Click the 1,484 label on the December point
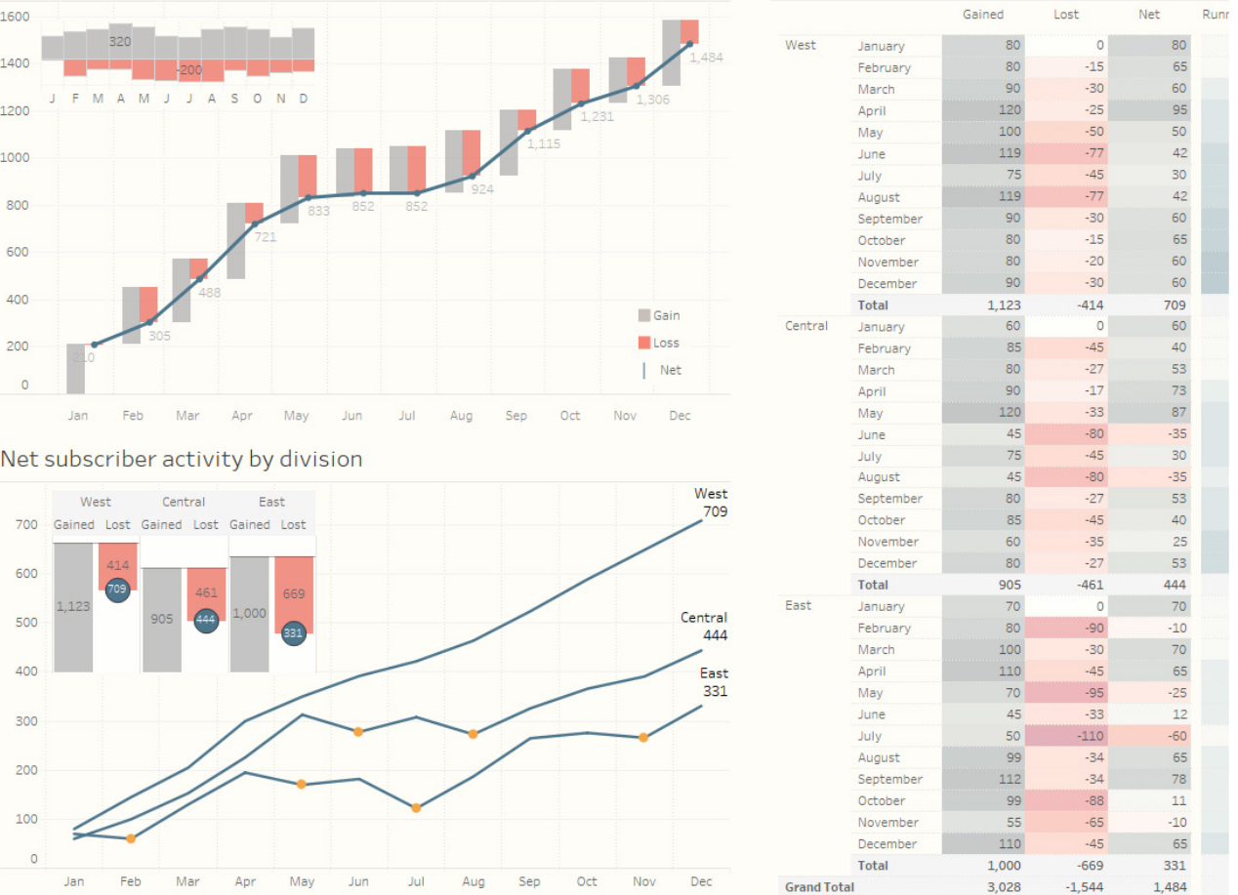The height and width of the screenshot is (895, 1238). tap(706, 58)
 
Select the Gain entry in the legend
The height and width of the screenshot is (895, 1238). tap(659, 315)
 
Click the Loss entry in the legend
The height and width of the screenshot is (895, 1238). tap(659, 343)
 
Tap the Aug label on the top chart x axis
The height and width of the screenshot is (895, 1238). tap(461, 416)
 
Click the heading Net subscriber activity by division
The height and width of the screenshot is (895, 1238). tap(182, 459)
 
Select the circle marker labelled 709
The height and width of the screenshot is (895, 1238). tap(117, 590)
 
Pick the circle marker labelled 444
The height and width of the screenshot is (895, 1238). tap(205, 621)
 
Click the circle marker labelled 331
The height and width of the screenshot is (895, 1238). tap(294, 633)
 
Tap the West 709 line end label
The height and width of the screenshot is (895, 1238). tap(711, 502)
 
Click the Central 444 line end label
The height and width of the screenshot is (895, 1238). tap(704, 626)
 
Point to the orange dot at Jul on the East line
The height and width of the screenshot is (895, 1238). tap(416, 807)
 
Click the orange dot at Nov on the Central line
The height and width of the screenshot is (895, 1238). tap(643, 738)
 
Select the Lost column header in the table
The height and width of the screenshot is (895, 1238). tap(1066, 15)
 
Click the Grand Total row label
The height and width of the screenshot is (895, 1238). tap(819, 886)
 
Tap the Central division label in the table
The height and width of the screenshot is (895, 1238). tap(806, 326)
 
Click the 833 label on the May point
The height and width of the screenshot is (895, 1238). tap(318, 211)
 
